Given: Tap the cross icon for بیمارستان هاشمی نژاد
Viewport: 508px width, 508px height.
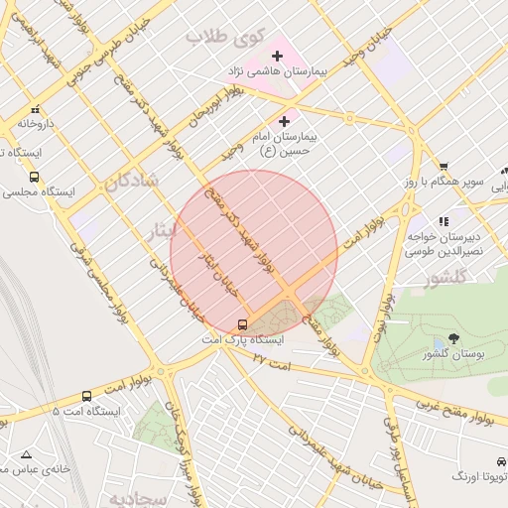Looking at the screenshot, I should coord(277,56).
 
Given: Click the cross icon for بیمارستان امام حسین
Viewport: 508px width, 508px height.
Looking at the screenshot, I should coord(284,120).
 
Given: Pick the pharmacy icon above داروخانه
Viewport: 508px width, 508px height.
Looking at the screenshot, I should coord(36,110).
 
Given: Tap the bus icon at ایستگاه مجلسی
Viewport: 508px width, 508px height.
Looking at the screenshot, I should coord(35,177).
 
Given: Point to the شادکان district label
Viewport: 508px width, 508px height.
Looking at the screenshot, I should coord(129,183).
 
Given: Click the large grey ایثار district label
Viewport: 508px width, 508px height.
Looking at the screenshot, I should coord(160,229).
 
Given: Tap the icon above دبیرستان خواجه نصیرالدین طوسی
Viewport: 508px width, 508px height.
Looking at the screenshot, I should coord(443,221).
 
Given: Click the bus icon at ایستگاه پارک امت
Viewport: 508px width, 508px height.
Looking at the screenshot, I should coord(243,324).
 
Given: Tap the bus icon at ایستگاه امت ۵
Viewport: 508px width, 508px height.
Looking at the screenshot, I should coord(86,396).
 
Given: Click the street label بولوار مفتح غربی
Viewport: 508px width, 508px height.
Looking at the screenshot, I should coord(451,406).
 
